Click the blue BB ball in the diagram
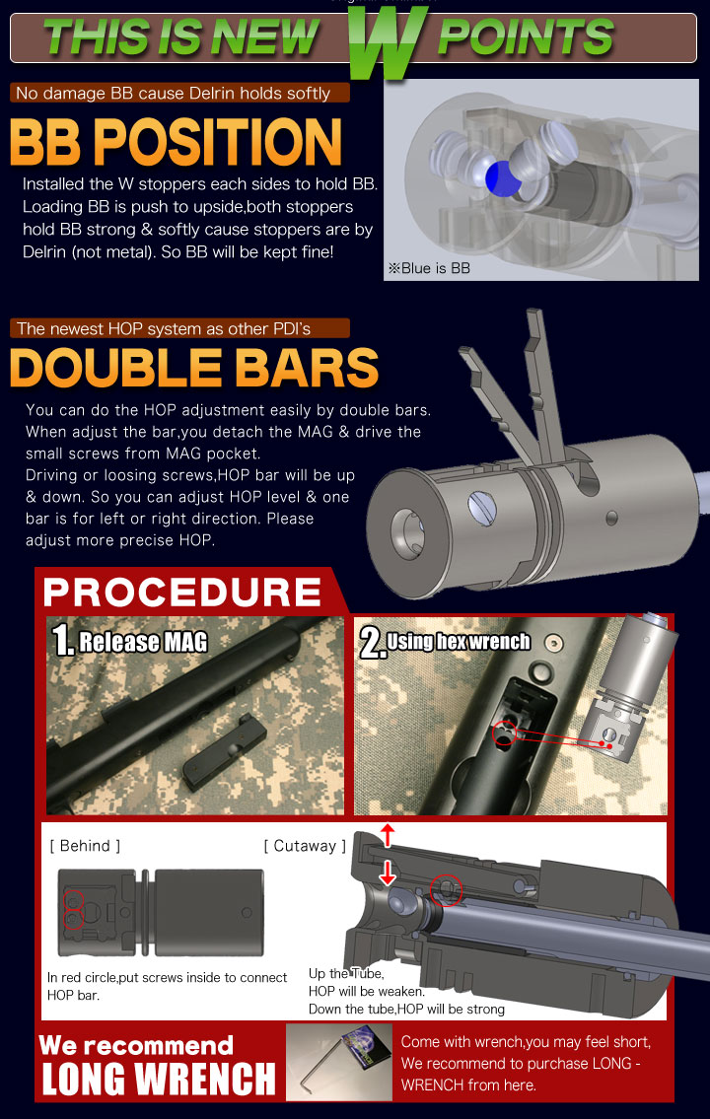click(502, 178)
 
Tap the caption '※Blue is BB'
click(429, 268)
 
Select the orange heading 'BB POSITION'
click(177, 142)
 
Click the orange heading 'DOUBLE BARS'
click(194, 368)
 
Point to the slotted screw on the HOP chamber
click(481, 508)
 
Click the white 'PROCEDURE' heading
click(182, 592)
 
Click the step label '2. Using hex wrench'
click(445, 642)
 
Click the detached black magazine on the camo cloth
click(225, 756)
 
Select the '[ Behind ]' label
click(85, 846)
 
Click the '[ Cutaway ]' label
click(305, 846)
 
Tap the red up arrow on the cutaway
click(387, 835)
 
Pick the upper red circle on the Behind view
click(74, 900)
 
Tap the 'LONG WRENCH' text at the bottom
click(159, 1079)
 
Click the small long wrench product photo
click(339, 1062)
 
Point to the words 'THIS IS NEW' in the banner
click(181, 37)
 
